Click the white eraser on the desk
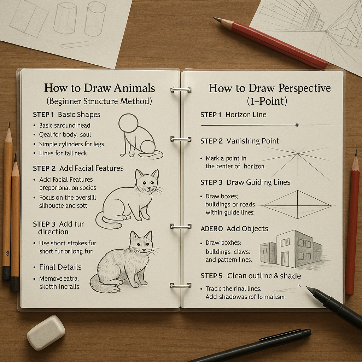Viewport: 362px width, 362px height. pos(46,332)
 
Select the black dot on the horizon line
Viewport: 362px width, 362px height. pos(297,125)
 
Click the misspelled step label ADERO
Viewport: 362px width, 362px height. pos(212,229)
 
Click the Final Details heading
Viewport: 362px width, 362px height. pos(60,267)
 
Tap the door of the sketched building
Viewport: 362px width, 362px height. pos(285,259)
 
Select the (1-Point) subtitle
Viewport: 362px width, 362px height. pos(267,101)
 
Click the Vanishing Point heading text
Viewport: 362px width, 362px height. pos(252,141)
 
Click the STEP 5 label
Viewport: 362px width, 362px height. pos(212,276)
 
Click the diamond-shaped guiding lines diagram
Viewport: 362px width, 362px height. pos(298,204)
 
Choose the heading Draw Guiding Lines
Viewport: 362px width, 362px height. pos(258,182)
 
